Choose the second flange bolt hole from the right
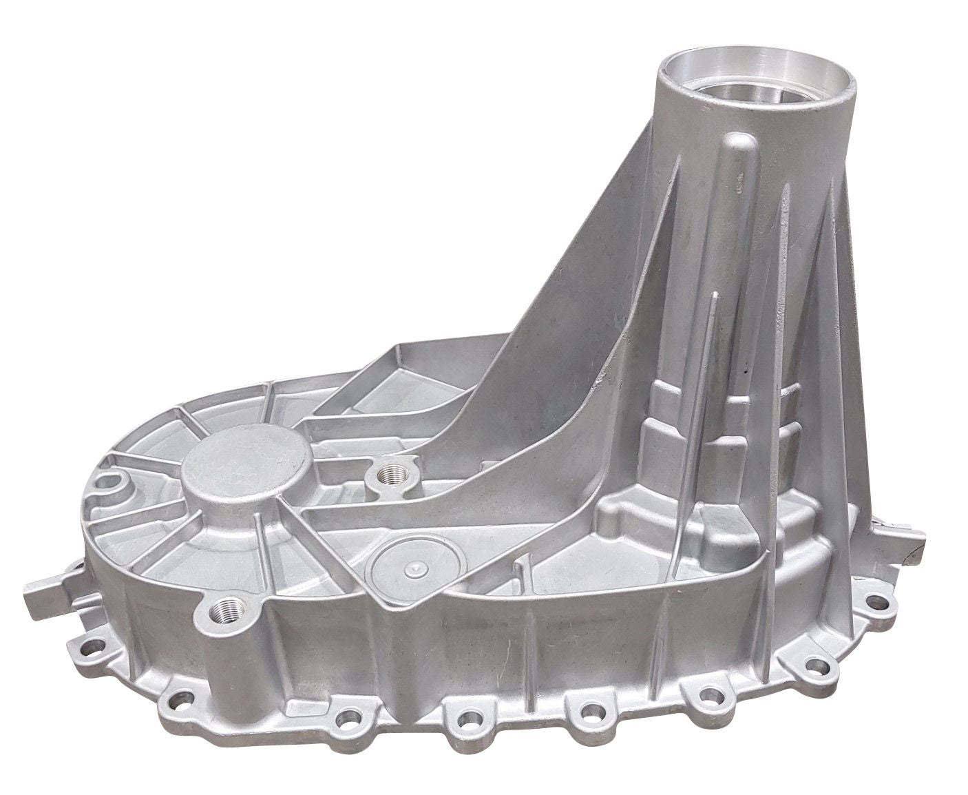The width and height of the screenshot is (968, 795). coord(817,667)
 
